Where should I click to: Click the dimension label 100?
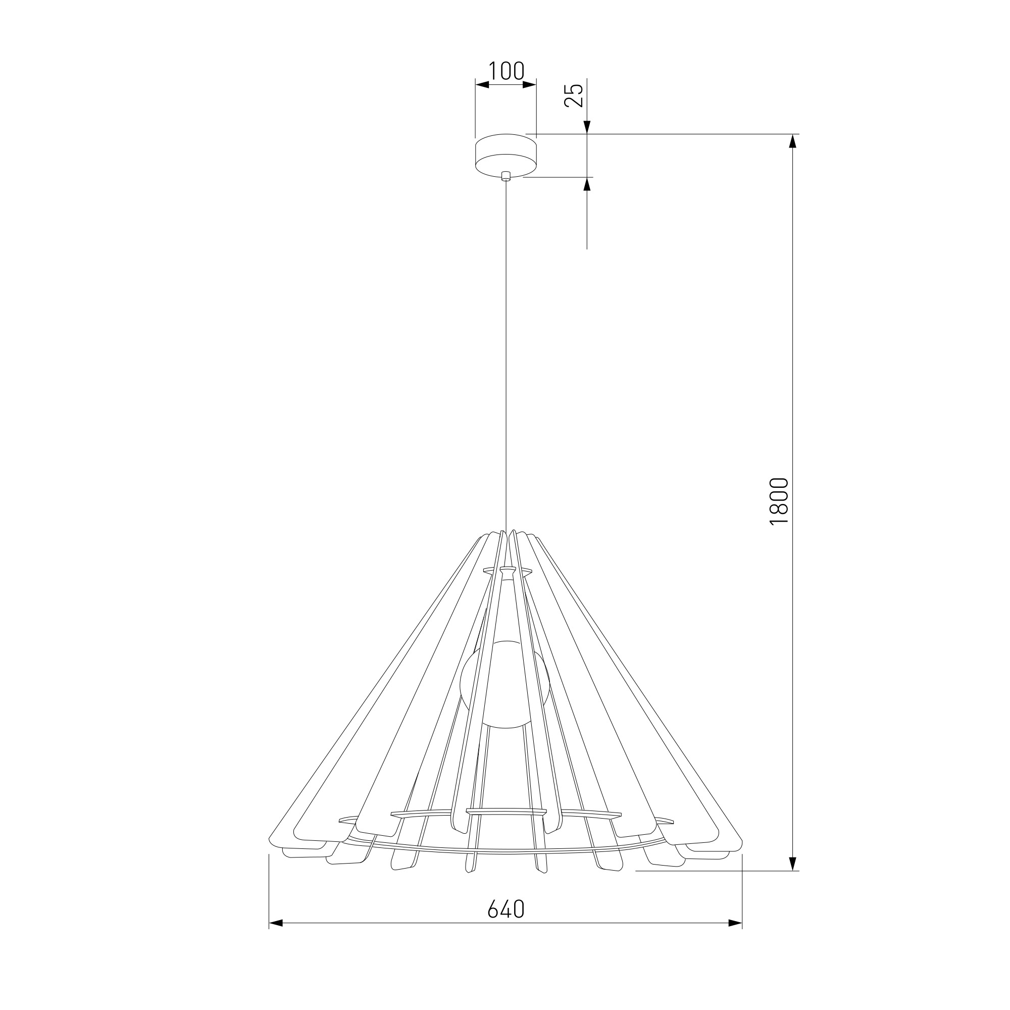point(506,71)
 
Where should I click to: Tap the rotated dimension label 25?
point(574,95)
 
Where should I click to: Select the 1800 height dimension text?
point(779,501)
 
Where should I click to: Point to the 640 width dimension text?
point(506,909)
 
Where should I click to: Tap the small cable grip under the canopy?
point(506,176)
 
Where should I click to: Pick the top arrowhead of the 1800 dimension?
point(793,141)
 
